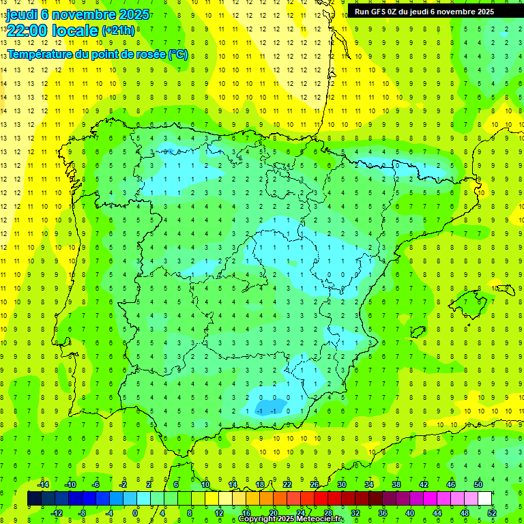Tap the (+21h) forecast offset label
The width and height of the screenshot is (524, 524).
point(118,30)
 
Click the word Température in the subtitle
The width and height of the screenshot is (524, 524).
point(42,54)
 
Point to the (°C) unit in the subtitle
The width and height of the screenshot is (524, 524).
point(177,54)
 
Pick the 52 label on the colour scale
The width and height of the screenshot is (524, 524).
point(492,512)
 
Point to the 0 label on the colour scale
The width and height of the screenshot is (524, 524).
point(136,512)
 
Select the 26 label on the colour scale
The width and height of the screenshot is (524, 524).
point(315,484)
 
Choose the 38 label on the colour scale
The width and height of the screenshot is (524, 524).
point(396,484)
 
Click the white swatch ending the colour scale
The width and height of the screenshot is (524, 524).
point(484,499)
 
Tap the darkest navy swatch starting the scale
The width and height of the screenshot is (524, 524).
point(34,499)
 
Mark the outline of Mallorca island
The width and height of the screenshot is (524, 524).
point(471,304)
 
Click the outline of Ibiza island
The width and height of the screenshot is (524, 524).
point(417,332)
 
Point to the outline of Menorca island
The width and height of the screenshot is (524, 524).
point(505,290)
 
